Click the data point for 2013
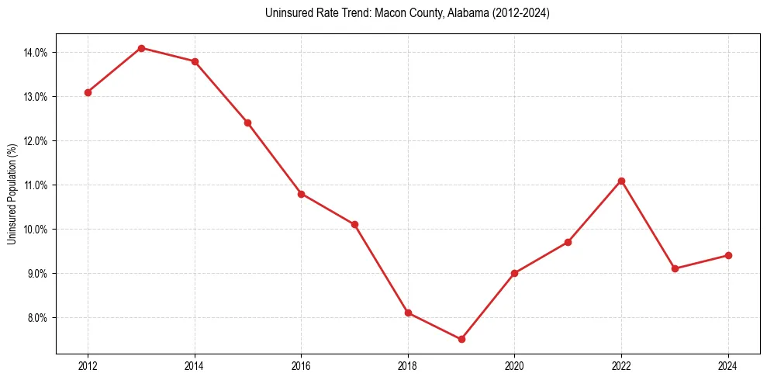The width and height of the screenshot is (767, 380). click(x=141, y=48)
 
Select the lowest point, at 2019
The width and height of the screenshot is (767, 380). click(x=461, y=339)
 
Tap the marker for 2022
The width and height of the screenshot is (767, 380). click(x=621, y=181)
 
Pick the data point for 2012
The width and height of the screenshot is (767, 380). click(x=88, y=92)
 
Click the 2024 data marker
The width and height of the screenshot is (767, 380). click(x=728, y=255)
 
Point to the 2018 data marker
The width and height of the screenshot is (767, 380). click(x=408, y=313)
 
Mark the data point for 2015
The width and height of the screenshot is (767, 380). click(x=247, y=123)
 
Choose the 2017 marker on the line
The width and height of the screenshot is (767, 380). click(x=354, y=224)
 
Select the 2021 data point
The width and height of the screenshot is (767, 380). click(x=568, y=242)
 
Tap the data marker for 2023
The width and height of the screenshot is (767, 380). click(x=675, y=268)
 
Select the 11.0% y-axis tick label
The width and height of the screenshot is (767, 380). click(x=36, y=185)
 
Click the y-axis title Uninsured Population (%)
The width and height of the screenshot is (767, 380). click(x=12, y=194)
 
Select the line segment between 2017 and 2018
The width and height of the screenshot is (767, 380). click(x=381, y=268)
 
